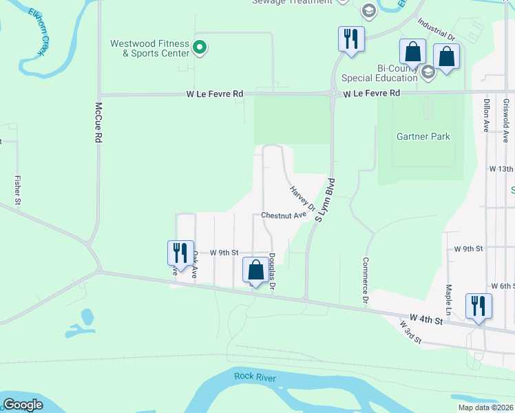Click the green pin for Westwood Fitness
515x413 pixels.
(x=200, y=47)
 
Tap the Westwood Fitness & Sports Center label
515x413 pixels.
(x=150, y=48)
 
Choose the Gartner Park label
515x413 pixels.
(x=423, y=136)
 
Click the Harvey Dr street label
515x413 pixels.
(x=302, y=198)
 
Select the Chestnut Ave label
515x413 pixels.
(x=284, y=215)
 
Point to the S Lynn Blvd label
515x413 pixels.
(x=325, y=200)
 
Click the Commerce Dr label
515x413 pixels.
(x=364, y=282)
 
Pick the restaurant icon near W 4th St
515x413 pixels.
(x=479, y=306)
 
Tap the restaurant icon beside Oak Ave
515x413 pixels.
(x=180, y=253)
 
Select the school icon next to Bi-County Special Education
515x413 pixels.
(x=428, y=71)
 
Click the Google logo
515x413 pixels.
(x=23, y=405)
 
